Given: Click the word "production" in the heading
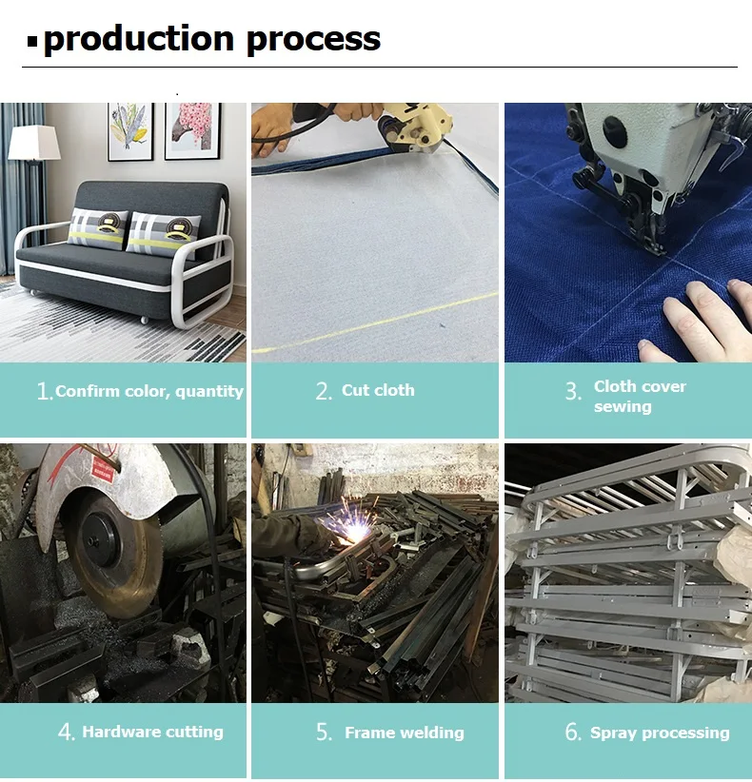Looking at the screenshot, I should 138,39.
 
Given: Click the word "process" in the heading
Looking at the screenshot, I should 313,39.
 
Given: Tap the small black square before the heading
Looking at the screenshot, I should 32,42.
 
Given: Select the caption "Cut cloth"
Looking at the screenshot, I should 378,390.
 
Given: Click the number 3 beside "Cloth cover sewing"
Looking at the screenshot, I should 572,392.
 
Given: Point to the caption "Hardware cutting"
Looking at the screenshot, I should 152,732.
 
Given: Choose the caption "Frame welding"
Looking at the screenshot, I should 405,733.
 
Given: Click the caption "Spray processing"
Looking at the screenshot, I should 660,733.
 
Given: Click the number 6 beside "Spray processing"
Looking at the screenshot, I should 572,733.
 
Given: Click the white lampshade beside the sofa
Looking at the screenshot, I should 34,144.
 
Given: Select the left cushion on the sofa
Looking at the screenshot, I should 97,227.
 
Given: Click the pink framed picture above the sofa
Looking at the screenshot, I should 192,129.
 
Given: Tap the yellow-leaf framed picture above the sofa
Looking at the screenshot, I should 130,129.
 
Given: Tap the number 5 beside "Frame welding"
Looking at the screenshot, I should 325,733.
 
